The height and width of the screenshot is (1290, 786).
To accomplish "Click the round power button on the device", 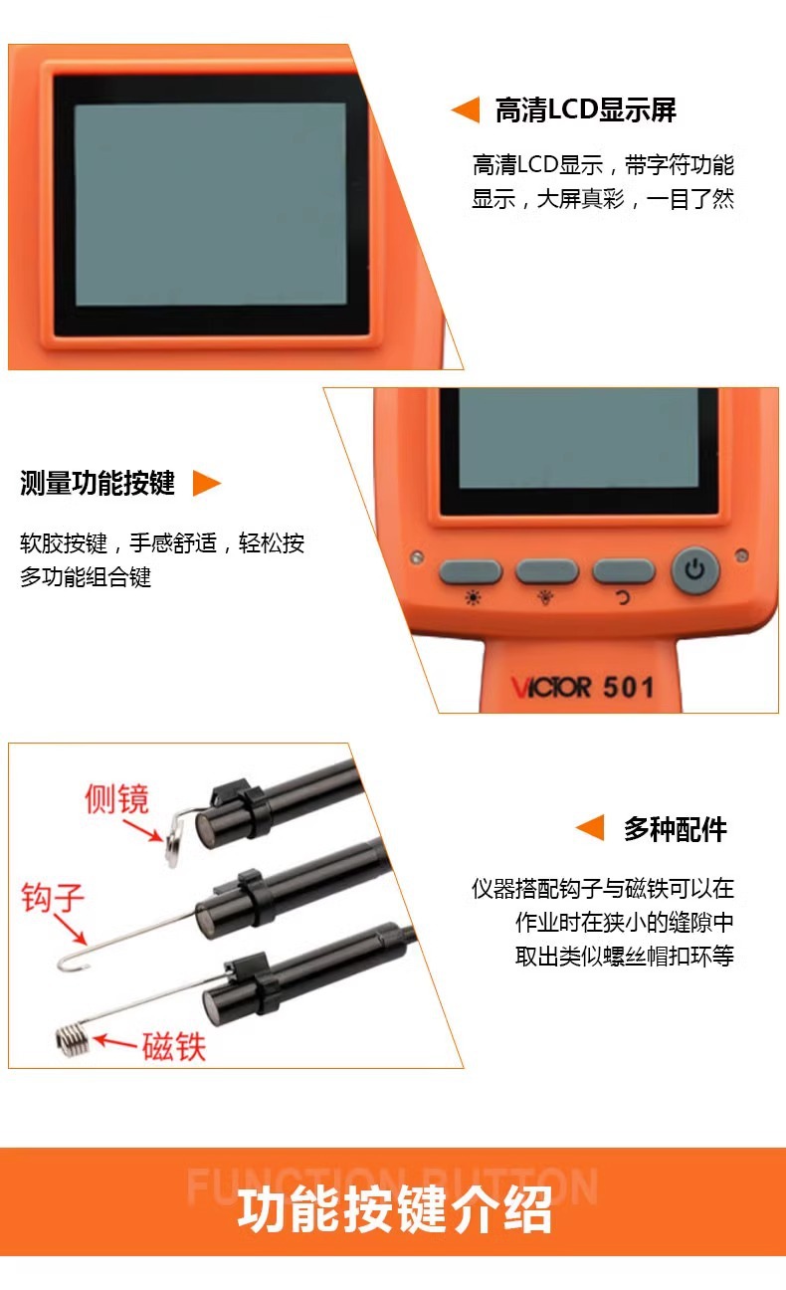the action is coord(695,570).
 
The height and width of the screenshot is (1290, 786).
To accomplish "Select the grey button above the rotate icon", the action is coord(624,571).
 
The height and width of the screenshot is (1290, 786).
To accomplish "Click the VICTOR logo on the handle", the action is coord(551,688).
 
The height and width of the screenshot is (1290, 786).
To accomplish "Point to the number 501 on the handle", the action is coord(628,687).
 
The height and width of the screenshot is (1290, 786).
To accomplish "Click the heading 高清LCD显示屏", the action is coord(586,110).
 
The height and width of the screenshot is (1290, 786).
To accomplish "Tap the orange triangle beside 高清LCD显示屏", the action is coord(466,109).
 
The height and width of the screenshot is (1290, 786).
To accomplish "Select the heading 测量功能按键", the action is coord(98,483).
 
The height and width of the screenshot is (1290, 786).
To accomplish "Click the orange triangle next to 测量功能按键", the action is coord(206,483).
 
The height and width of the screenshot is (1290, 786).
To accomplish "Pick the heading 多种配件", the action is coord(676,829).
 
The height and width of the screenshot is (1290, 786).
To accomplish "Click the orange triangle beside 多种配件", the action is coord(590,828).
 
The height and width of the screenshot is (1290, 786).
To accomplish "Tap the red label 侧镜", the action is coord(116,798).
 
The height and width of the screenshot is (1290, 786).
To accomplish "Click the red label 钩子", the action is coord(53,897).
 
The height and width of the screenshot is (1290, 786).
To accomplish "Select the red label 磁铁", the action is coord(174,1046).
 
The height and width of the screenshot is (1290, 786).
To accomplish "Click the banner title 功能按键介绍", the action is coord(394,1210).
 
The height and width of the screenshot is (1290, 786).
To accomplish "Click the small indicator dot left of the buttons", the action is coord(417,557).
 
